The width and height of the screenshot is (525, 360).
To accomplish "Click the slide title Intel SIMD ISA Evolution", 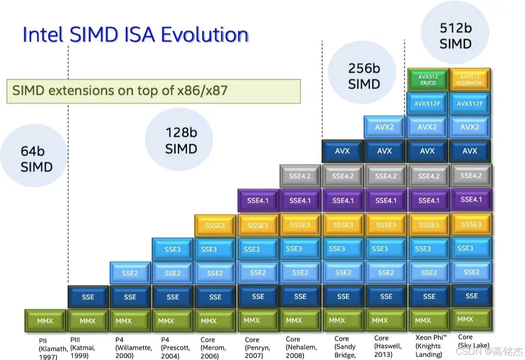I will tap(135, 35).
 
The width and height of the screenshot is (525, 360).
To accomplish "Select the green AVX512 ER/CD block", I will tap(427, 79).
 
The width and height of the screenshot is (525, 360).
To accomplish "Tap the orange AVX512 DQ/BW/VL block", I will tap(470, 79).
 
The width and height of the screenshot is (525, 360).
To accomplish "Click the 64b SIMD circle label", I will tap(36, 159).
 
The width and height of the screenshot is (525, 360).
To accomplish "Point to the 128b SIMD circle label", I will tap(181, 141).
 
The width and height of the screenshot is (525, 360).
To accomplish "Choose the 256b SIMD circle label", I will tap(364, 76).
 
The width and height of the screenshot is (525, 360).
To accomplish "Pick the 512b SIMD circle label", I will tap(456, 35).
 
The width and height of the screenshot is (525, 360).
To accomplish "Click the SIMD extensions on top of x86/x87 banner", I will tap(153, 91).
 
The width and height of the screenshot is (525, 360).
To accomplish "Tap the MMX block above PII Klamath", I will tap(45, 321).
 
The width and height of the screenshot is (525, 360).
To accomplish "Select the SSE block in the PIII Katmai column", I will tap(88, 297).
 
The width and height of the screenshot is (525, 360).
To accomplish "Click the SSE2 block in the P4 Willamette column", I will tap(130, 273).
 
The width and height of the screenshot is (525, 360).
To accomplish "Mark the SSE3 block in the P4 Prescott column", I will tap(173, 249).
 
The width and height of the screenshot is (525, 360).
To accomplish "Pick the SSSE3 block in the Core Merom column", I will tap(215, 225).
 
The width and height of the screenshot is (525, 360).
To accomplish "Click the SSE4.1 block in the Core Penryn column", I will tap(258, 200).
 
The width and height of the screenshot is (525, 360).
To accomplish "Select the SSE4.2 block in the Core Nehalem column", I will tap(301, 176).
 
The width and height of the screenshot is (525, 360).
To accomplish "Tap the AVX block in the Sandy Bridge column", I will tap(343, 151).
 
